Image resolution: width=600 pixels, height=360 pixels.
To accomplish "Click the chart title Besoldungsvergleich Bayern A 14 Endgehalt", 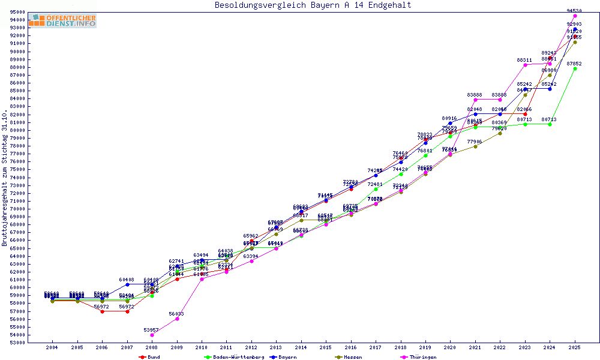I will point(313,5).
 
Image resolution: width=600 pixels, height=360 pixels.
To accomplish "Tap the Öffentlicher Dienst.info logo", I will point(62,21).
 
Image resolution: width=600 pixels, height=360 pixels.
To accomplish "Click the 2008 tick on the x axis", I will point(152,347).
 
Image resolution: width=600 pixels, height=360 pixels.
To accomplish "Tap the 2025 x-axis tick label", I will point(575,347).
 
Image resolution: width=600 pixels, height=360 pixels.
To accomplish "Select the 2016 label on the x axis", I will point(351,347).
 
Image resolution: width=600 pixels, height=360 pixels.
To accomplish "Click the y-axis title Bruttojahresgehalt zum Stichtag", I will point(5,178).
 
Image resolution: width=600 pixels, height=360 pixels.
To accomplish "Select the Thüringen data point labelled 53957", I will point(152,335).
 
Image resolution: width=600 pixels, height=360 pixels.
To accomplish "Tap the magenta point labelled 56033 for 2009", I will point(177,319).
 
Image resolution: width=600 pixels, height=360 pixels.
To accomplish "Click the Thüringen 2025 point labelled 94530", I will point(575,16).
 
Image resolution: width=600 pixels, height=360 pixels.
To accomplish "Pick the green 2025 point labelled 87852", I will point(575,68).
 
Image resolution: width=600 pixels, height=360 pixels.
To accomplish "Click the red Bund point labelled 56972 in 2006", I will point(103,311).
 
